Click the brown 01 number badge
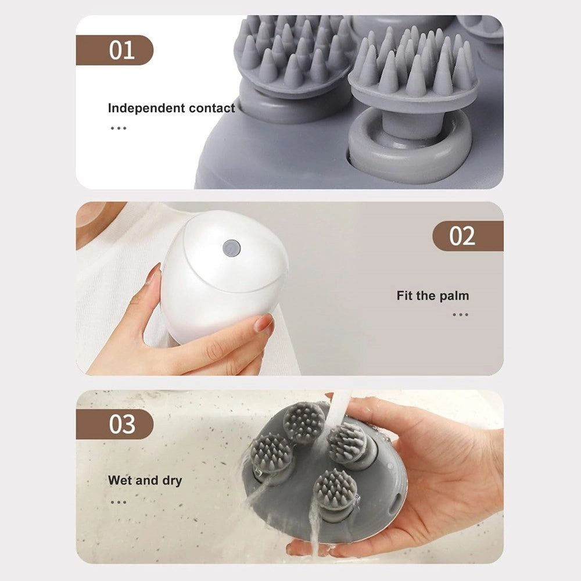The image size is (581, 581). (x=114, y=50)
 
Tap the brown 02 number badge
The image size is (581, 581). (x=468, y=236)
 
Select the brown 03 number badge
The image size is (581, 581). (x=114, y=424)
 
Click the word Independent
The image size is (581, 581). (x=146, y=108)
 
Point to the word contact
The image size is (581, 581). (x=211, y=108)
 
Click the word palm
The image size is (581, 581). (x=454, y=296)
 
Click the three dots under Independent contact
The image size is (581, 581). (x=119, y=128)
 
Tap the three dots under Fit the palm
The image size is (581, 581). (x=460, y=315)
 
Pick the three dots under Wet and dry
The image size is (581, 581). (x=119, y=503)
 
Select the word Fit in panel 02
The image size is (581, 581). (x=404, y=296)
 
